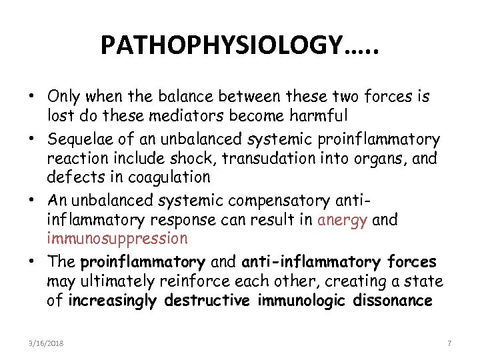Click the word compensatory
[273, 201]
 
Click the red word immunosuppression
[117, 238]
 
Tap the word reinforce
[192, 281]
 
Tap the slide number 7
[449, 343]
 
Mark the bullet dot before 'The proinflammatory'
[31, 263]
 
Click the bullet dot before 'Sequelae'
[31, 139]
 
